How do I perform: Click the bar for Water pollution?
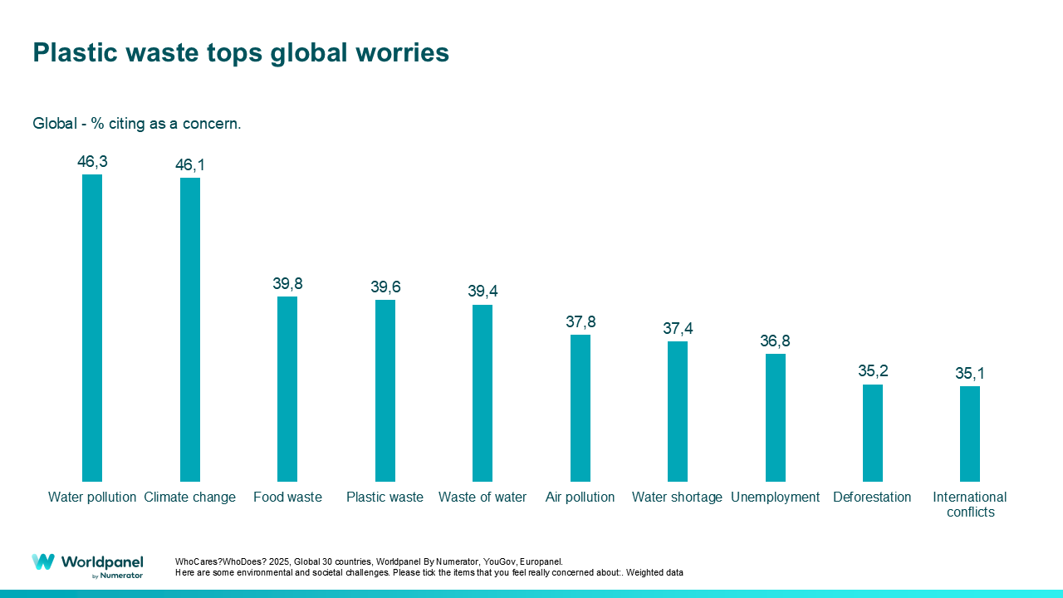(x=92, y=328)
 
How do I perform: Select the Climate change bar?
(x=190, y=330)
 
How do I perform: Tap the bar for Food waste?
(x=287, y=389)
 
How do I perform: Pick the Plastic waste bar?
(x=385, y=390)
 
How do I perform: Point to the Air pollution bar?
(x=580, y=408)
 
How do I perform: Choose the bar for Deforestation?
(x=873, y=433)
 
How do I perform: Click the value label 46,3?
(x=92, y=162)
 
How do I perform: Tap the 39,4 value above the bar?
(x=483, y=292)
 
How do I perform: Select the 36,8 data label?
(x=775, y=341)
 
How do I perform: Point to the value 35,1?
(x=970, y=373)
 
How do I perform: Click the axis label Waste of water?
(x=483, y=498)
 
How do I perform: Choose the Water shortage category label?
(x=677, y=498)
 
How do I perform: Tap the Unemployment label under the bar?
(x=775, y=498)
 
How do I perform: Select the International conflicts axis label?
(x=970, y=505)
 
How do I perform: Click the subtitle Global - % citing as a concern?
(x=137, y=124)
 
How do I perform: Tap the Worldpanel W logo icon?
(x=43, y=562)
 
